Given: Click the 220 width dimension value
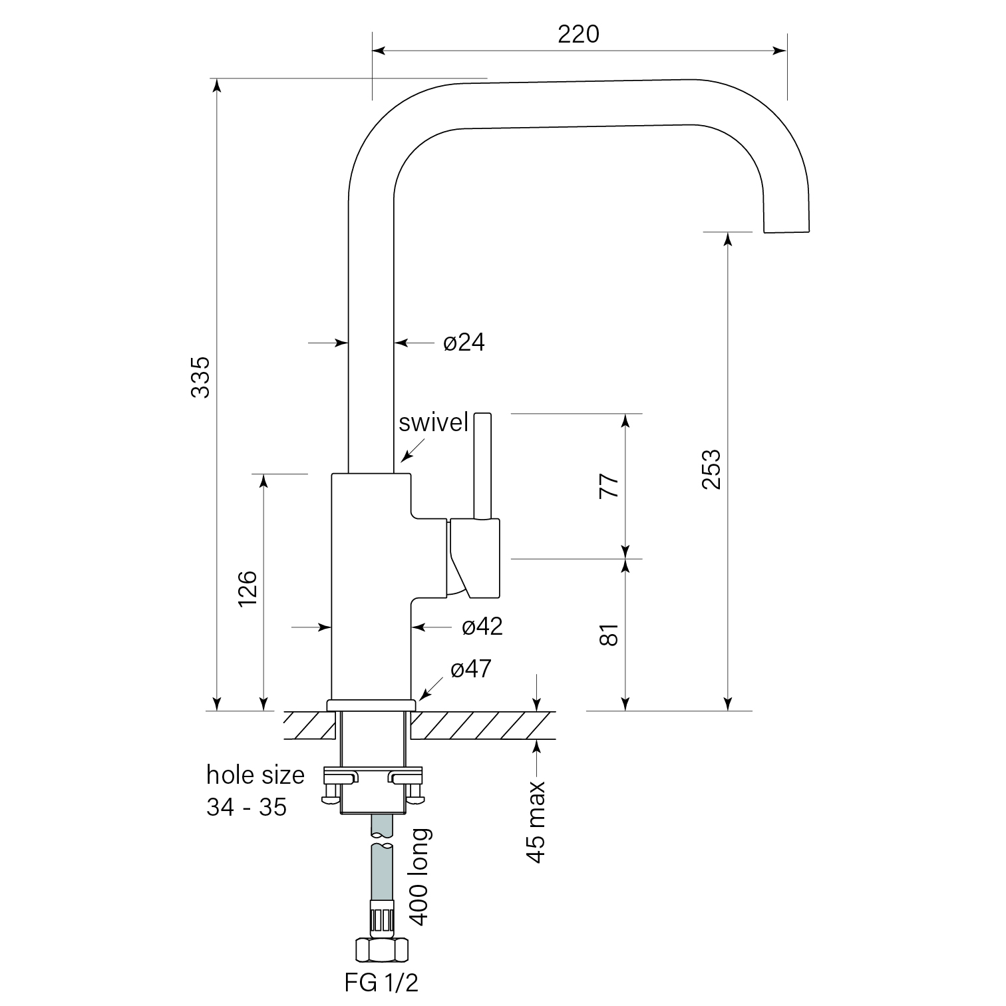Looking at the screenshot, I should coord(578,34).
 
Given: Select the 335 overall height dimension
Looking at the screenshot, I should coord(200,377).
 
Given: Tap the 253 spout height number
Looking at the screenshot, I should coord(711,469).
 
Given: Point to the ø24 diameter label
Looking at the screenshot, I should coord(464,343).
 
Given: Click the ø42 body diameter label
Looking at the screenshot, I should coord(482,626).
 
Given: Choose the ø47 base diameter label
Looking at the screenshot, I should coord(471,669).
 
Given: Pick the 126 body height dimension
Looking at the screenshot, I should coord(247,588).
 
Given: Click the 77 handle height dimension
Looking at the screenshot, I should coord(609,486).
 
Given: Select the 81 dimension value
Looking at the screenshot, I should coord(609,635).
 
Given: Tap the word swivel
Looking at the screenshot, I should coord(434,422).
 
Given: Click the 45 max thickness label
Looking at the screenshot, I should coord(536,822).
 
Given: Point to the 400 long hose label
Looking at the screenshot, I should coord(420,877).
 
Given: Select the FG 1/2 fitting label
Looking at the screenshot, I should coord(382,982).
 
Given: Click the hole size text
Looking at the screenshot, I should coord(255,775).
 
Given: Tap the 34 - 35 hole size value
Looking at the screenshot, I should coord(246,807).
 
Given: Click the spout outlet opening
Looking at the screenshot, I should coord(787,232).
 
